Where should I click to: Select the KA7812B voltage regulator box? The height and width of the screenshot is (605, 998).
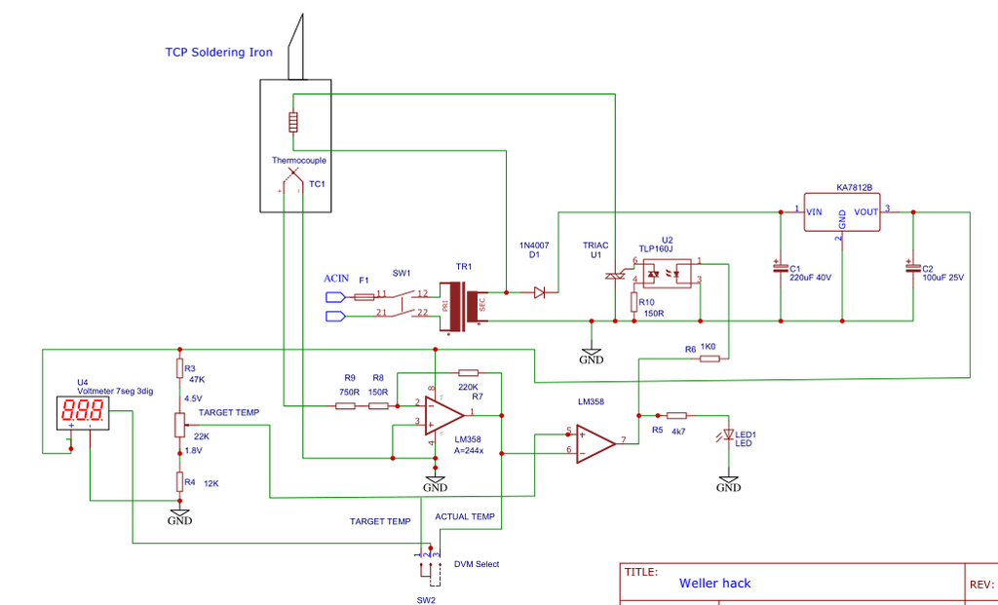pyautogui.click(x=841, y=210)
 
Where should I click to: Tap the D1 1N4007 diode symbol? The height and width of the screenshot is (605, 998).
pyautogui.click(x=540, y=291)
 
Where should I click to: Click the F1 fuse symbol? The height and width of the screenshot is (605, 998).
pyautogui.click(x=365, y=295)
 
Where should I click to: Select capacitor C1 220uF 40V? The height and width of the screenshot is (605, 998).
pyautogui.click(x=780, y=269)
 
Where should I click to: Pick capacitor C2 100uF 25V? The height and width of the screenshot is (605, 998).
pyautogui.click(x=912, y=269)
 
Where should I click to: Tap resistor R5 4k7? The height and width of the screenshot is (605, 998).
pyautogui.click(x=676, y=415)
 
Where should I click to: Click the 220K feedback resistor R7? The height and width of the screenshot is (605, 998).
pyautogui.click(x=469, y=372)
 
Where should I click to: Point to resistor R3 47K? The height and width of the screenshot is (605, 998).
pyautogui.click(x=179, y=367)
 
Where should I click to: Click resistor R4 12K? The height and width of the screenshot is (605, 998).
pyautogui.click(x=179, y=481)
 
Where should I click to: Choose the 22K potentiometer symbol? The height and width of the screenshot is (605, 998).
pyautogui.click(x=179, y=425)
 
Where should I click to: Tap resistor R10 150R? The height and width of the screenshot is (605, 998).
pyautogui.click(x=634, y=303)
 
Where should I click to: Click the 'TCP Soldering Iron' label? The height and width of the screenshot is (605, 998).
pyautogui.click(x=218, y=53)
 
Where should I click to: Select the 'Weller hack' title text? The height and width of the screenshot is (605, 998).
pyautogui.click(x=715, y=583)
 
